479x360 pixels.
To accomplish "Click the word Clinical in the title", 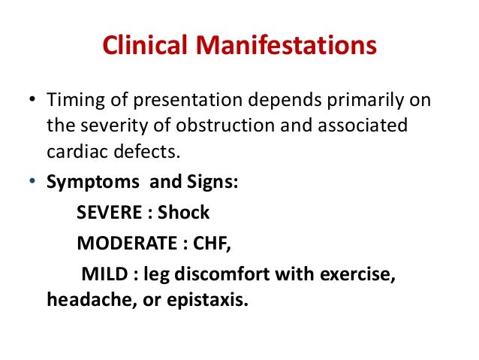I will click(x=146, y=47).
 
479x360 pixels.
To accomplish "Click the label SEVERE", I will click(x=111, y=213).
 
